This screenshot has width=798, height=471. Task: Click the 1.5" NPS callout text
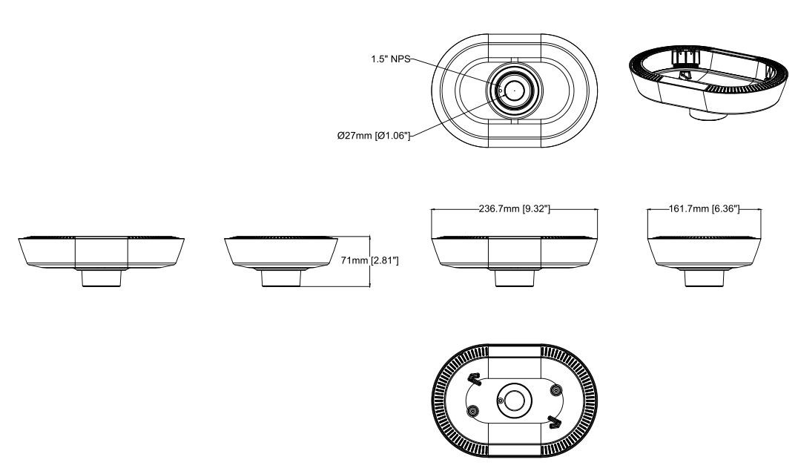tap(391, 60)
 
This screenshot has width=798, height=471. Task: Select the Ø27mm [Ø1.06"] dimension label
tap(373, 135)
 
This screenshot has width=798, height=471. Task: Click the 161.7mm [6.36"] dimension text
tap(704, 210)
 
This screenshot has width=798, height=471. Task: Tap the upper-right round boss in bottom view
tap(553, 390)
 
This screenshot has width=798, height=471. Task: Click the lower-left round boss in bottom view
tap(473, 410)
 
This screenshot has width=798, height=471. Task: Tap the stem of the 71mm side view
tap(282, 279)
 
